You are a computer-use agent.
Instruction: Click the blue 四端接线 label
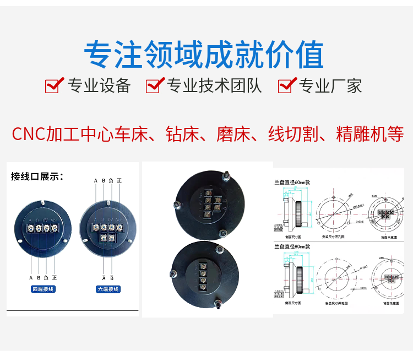point(43,289)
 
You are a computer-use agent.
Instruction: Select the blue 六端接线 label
point(108,289)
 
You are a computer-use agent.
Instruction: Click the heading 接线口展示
point(37,176)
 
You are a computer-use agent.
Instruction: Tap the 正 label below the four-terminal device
point(55,277)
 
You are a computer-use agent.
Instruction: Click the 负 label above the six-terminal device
point(111,181)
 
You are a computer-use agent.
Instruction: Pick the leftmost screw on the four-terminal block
point(30,228)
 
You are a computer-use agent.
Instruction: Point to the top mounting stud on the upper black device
point(225,178)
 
